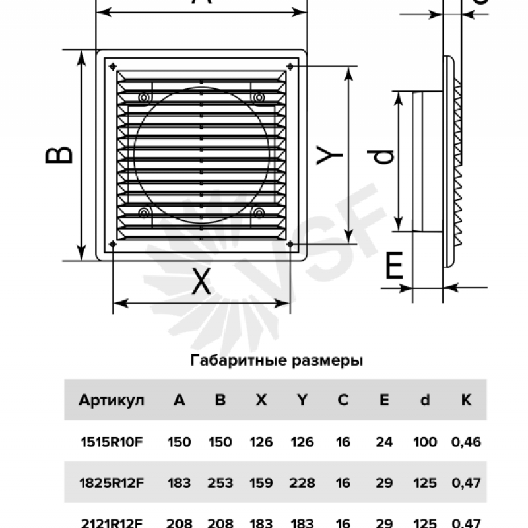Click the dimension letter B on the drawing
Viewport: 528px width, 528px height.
point(59,154)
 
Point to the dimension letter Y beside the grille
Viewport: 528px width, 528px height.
point(329,156)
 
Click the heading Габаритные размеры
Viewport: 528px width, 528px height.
point(277,361)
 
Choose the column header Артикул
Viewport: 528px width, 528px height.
point(106,400)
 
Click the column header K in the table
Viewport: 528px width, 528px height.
point(466,400)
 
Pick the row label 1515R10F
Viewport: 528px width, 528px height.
point(110,442)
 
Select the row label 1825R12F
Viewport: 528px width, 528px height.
point(110,483)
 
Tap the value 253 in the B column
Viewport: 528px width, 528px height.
point(220,483)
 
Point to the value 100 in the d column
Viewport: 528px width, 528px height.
point(425,442)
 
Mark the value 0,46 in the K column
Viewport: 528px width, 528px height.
point(466,442)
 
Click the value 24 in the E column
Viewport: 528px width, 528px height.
point(383,442)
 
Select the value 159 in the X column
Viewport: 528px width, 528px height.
point(261,483)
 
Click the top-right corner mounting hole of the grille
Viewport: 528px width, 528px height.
point(290,65)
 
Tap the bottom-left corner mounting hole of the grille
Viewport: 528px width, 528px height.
point(114,244)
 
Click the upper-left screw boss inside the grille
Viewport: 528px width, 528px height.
point(143,97)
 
